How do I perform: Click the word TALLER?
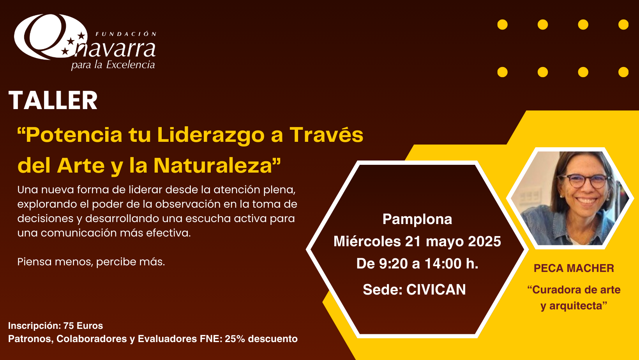(x=53, y=101)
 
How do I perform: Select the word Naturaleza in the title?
(x=213, y=166)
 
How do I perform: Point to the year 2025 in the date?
(x=484, y=241)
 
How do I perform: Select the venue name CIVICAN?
(x=436, y=289)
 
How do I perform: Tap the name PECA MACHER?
(x=574, y=268)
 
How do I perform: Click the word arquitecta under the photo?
(x=576, y=306)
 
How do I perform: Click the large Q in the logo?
(x=48, y=37)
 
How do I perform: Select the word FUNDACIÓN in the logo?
(x=126, y=34)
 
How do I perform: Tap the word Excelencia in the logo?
(x=131, y=65)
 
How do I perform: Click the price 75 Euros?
(x=83, y=325)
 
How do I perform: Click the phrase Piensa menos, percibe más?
(x=91, y=262)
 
